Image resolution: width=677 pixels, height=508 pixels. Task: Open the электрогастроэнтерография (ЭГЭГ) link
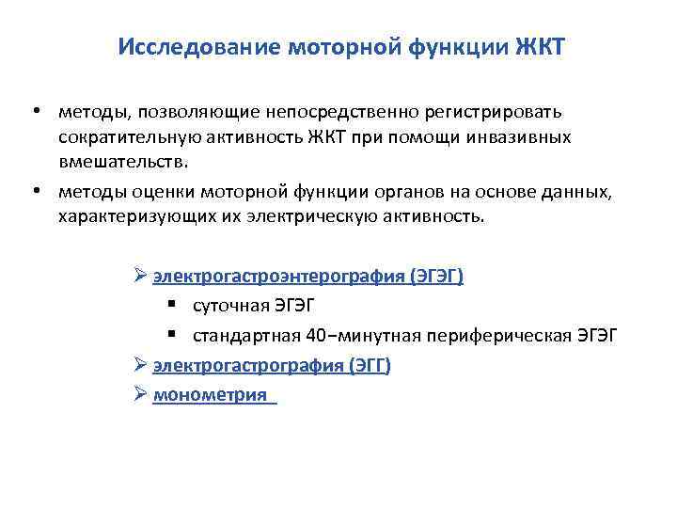coord(308,277)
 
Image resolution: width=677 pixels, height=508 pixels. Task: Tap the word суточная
coord(228,306)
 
